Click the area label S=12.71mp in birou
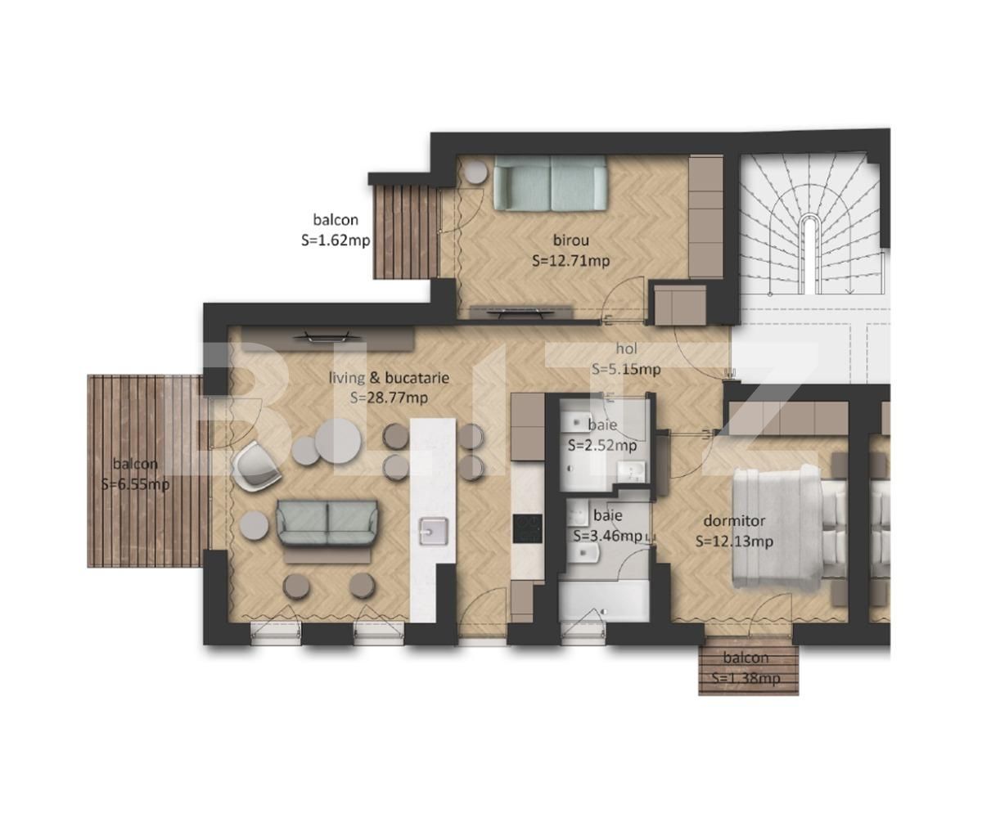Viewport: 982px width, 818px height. pos(570,260)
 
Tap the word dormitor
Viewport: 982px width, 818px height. pos(734,521)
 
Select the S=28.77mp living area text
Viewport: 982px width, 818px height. pos(389,398)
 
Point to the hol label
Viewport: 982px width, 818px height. pos(627,348)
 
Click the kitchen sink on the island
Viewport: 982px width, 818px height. pos(433,531)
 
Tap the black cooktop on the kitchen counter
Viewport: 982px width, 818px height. pos(528,528)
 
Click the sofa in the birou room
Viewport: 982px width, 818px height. pos(550,183)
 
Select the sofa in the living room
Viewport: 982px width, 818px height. pos(327,523)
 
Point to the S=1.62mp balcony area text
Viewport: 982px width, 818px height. pos(336,240)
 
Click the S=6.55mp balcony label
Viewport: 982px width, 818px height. pos(136,483)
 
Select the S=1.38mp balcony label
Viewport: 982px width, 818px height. pos(746,678)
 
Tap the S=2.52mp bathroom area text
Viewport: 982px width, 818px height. pos(602,445)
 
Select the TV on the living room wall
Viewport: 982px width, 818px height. pos(328,336)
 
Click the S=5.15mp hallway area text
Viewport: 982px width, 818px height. pos(626,369)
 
